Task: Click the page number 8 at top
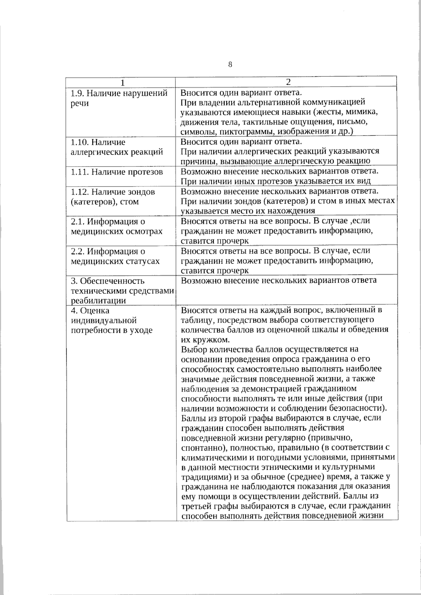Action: tap(230, 65)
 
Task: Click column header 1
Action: tap(122, 83)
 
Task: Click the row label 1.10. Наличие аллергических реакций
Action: tap(116, 147)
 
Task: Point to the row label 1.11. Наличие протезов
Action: tap(116, 172)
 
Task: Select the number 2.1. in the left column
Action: tap(77, 222)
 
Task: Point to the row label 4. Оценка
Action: tap(90, 311)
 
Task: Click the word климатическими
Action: tap(212, 458)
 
